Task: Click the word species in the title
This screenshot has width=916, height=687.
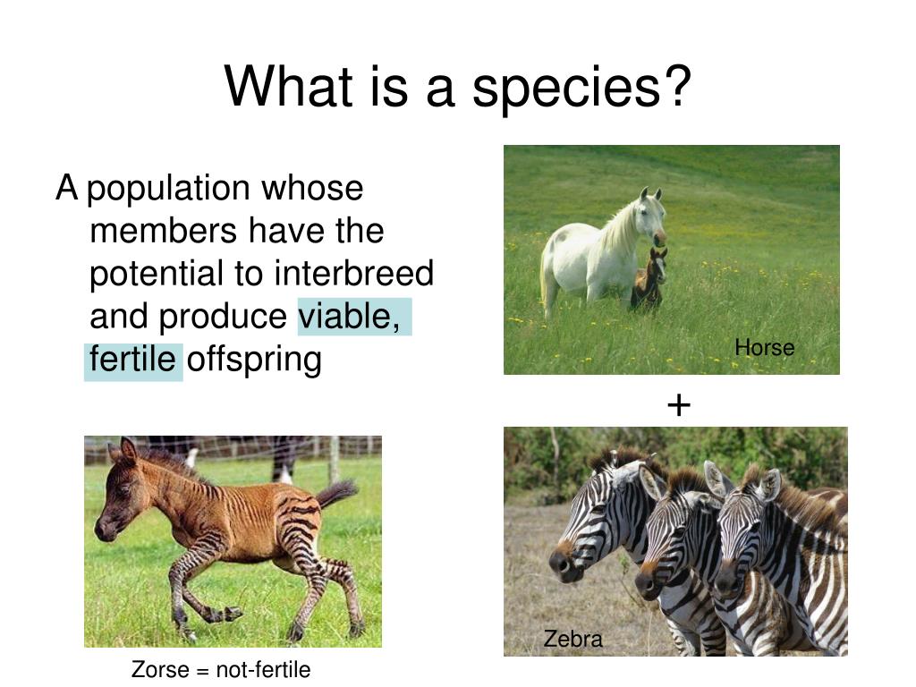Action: (x=565, y=87)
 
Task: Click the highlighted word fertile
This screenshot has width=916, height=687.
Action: (x=132, y=359)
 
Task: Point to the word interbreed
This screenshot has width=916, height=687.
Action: (x=354, y=273)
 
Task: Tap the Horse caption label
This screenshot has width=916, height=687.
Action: (x=764, y=348)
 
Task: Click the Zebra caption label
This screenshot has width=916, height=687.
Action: (x=572, y=639)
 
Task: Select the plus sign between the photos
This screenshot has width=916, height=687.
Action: (x=679, y=404)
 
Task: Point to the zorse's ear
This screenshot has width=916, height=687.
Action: (x=127, y=451)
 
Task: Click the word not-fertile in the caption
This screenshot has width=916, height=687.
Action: (x=263, y=669)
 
